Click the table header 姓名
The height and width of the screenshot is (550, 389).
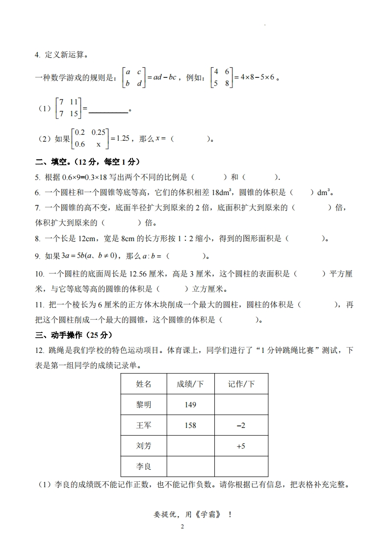[144, 384]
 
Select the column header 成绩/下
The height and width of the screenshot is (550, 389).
[190, 384]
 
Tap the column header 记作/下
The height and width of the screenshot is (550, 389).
[241, 384]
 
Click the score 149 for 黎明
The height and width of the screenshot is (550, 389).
[190, 404]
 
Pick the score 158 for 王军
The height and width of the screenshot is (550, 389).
[190, 425]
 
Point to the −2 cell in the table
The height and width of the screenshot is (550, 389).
[241, 425]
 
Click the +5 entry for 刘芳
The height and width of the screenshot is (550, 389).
[241, 446]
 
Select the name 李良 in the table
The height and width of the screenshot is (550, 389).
[144, 466]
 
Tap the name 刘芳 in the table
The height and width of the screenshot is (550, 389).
[144, 446]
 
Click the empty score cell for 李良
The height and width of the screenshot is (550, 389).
[190, 466]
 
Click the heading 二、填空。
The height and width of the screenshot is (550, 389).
[54, 161]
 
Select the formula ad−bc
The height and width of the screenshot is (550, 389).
[164, 77]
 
